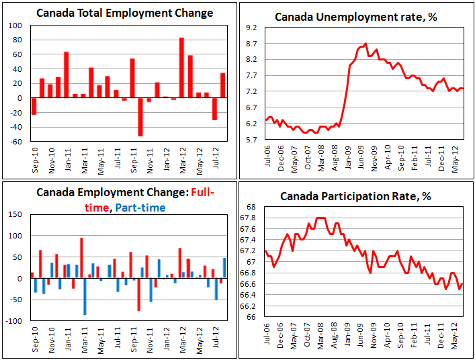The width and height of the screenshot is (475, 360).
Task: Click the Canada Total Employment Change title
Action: click(124, 13)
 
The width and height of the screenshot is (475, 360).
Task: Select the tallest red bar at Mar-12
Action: click(182, 67)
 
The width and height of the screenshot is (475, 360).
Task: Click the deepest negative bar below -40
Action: click(141, 117)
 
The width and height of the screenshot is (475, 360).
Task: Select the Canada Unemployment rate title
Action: click(355, 16)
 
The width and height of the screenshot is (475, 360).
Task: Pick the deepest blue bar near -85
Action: click(85, 296)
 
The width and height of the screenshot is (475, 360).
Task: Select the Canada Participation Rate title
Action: click(357, 195)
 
